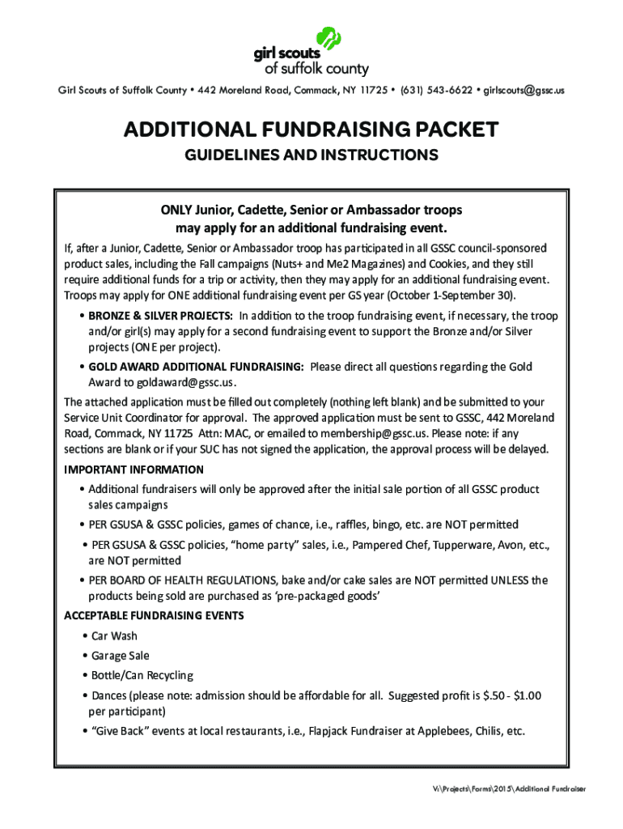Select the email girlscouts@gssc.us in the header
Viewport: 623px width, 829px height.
coord(524,90)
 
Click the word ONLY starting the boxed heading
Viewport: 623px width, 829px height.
coord(178,210)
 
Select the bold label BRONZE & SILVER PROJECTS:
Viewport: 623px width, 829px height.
coord(161,315)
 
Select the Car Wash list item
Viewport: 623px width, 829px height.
coord(114,636)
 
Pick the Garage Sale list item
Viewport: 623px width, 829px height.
coord(120,656)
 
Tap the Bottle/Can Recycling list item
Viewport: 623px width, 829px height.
coord(142,675)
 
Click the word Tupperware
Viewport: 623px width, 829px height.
coord(445,546)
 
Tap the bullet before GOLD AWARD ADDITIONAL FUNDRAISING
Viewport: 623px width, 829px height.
coord(83,367)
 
